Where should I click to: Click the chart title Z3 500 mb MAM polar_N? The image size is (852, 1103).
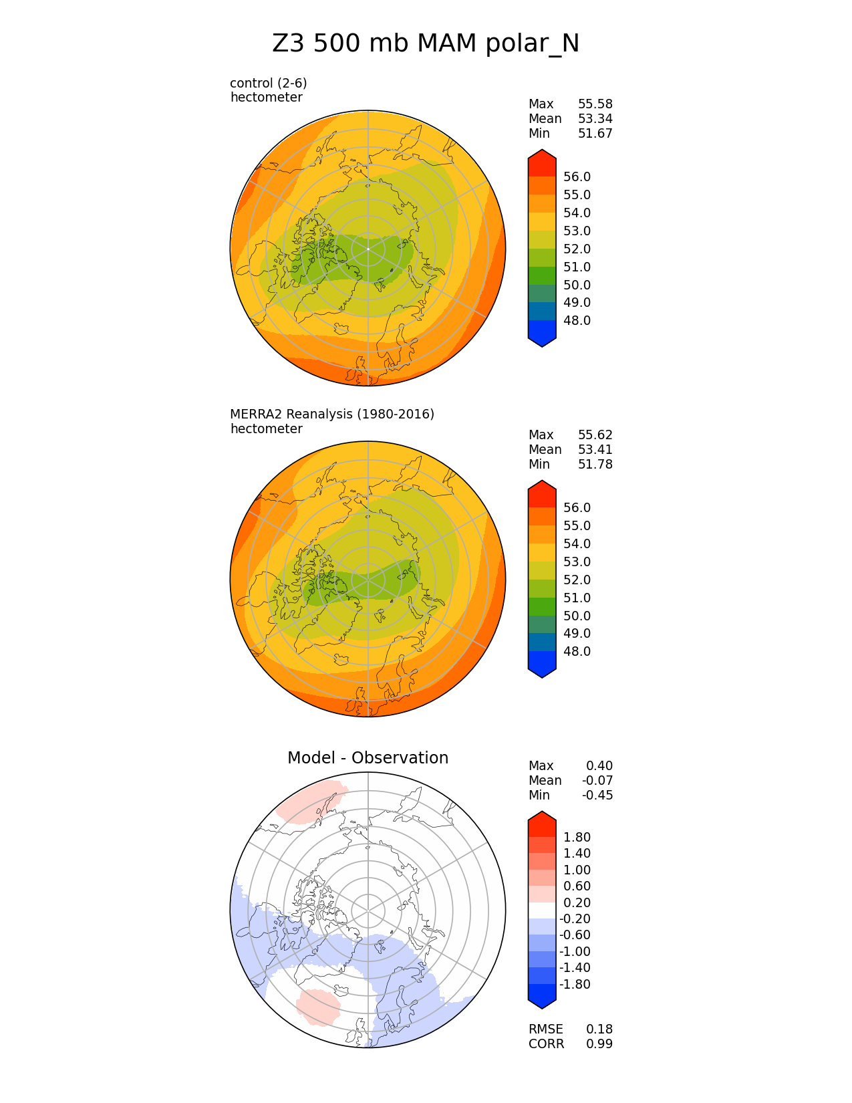(426, 43)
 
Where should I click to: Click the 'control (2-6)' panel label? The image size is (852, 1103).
(268, 83)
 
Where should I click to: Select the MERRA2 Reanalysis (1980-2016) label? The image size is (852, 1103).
(332, 414)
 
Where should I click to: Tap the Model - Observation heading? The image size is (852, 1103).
(368, 757)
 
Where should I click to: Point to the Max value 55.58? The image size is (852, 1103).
(595, 104)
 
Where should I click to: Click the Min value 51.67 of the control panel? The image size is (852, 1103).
(595, 133)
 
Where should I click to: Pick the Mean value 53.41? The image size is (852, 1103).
(595, 449)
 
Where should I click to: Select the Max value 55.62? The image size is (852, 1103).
(595, 435)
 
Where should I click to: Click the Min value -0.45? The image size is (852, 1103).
(597, 795)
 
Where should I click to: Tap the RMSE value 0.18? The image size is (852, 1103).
(599, 1029)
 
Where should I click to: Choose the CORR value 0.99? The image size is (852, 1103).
(599, 1044)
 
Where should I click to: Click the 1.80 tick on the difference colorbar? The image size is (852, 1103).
(577, 837)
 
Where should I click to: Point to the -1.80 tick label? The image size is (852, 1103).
(575, 984)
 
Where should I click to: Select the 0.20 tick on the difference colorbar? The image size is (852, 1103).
(577, 902)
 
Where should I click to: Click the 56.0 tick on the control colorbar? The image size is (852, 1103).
(577, 176)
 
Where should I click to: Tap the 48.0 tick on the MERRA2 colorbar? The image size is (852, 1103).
(577, 651)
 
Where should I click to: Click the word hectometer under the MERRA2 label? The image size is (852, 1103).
(266, 428)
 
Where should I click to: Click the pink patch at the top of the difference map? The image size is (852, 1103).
(311, 801)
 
